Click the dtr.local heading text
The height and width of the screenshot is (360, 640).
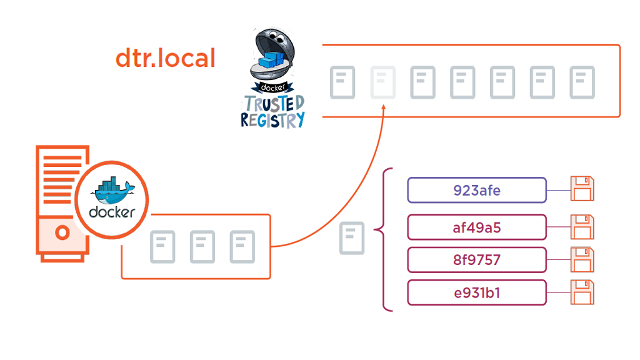(165, 58)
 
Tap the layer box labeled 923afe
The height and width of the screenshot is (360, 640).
(477, 190)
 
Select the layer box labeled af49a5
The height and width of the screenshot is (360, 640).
(477, 227)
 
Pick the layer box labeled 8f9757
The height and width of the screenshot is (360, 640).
(477, 260)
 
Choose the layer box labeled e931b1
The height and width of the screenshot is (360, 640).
(477, 292)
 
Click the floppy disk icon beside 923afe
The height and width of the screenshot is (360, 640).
(582, 189)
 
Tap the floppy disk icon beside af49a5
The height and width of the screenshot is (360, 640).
(582, 227)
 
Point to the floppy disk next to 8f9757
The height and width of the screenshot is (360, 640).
(582, 260)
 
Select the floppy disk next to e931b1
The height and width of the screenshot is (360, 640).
(582, 292)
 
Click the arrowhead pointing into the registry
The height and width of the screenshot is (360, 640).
(383, 110)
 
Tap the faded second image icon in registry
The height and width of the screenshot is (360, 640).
(382, 82)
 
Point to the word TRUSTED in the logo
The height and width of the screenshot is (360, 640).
(274, 103)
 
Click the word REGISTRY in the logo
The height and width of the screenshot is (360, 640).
(273, 119)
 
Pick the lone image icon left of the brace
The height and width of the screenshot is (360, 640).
(351, 238)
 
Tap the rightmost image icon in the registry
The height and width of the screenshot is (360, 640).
(582, 82)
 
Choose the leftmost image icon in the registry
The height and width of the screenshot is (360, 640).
(342, 82)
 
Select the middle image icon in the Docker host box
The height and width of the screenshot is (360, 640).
(202, 246)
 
